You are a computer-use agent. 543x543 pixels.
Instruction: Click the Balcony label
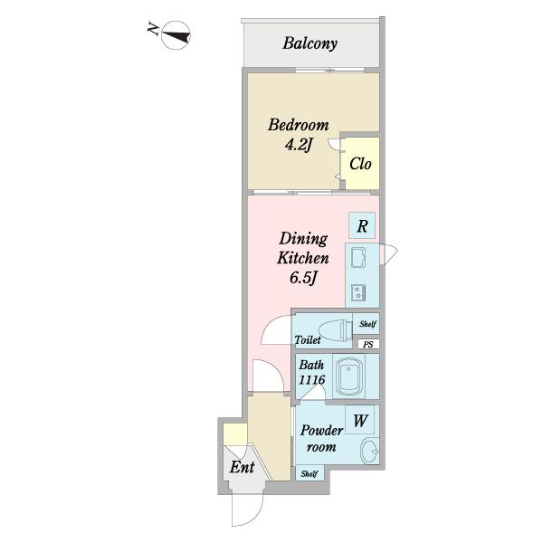(310, 43)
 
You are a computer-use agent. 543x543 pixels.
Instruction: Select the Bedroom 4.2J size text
(299, 145)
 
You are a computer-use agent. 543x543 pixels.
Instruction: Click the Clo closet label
(360, 164)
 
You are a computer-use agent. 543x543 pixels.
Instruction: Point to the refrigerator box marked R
(362, 225)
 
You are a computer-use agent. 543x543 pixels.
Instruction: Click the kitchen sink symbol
(358, 258)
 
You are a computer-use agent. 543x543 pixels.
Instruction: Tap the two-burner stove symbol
(358, 292)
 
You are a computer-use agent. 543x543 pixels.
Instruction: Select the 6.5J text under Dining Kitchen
(303, 278)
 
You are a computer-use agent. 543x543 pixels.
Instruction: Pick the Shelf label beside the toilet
(367, 324)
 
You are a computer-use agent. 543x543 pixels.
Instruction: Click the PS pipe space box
(368, 344)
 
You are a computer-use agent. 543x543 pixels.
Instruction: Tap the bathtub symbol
(349, 376)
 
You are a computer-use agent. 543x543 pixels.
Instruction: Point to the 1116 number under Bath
(311, 380)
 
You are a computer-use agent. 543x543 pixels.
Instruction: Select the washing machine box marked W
(360, 420)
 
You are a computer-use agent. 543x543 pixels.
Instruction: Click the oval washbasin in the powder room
(369, 451)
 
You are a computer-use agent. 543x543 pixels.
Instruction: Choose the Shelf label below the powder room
(310, 473)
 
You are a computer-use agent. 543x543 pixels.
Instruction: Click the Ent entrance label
(242, 467)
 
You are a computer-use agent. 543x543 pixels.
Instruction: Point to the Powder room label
(321, 438)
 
